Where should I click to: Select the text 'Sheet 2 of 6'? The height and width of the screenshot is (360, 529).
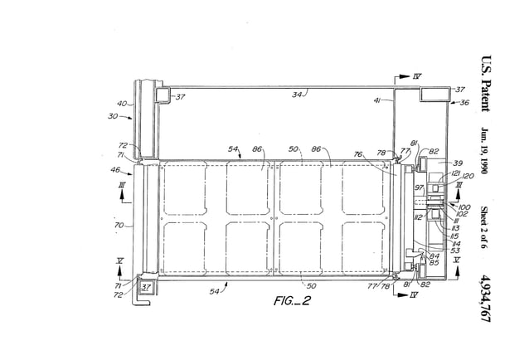[x=486, y=225]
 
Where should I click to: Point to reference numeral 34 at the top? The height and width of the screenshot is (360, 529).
[x=297, y=94]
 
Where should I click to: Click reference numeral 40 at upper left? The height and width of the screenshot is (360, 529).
[x=123, y=104]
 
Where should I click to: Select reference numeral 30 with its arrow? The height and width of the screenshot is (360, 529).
[x=114, y=117]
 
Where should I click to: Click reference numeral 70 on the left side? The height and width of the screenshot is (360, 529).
[x=119, y=224]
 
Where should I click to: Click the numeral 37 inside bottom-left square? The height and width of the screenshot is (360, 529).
[x=147, y=287]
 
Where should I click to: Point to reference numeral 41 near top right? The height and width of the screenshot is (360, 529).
[x=376, y=100]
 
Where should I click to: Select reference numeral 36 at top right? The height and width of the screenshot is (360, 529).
[x=463, y=103]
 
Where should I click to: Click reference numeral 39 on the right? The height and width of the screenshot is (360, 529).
[x=457, y=163]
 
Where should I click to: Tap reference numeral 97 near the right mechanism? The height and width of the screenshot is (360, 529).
[x=419, y=188]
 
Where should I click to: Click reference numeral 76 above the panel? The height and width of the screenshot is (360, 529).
[x=359, y=153]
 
